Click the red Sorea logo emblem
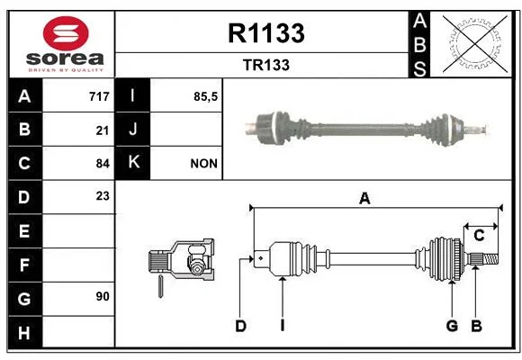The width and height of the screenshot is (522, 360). pyautogui.click(x=66, y=33)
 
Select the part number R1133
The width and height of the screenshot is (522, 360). pyautogui.click(x=266, y=33)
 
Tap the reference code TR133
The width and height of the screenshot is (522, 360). pyautogui.click(x=266, y=65)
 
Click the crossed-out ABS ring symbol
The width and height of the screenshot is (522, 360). pyautogui.click(x=474, y=44)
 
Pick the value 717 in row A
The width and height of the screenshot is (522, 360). pyautogui.click(x=99, y=96)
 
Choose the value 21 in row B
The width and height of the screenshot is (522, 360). pyautogui.click(x=103, y=130)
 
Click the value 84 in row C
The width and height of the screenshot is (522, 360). pyautogui.click(x=103, y=164)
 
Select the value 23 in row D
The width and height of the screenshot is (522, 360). pyautogui.click(x=103, y=196)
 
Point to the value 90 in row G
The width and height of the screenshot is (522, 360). pyautogui.click(x=103, y=296)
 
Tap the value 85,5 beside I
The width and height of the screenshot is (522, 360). pyautogui.click(x=205, y=96)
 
